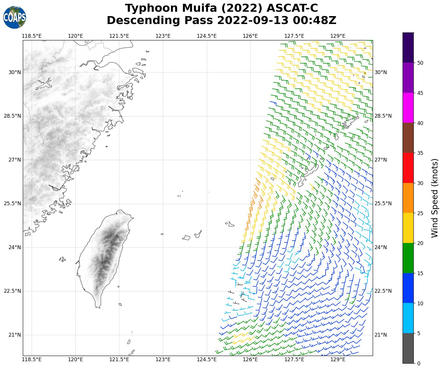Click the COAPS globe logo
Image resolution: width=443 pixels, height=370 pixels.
point(15,18)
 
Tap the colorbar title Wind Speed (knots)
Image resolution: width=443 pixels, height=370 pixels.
point(435,198)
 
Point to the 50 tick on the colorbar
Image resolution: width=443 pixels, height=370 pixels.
point(420,63)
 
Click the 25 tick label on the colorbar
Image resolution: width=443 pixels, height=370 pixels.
point(420,213)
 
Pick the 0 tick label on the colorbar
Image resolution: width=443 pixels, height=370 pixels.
point(419,363)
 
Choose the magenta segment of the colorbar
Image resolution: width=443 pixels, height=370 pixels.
point(408,108)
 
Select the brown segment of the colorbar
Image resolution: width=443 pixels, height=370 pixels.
point(408,138)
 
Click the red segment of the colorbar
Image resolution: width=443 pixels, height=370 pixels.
point(408,168)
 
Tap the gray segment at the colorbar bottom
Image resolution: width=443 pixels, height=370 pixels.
point(408,348)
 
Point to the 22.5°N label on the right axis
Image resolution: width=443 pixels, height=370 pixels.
point(383,291)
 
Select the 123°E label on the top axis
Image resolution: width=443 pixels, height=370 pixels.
point(163,36)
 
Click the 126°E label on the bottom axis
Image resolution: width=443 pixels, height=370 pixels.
point(250,359)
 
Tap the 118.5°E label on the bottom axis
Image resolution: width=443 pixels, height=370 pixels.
point(32,359)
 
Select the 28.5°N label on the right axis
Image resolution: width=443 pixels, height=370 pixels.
point(383,116)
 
